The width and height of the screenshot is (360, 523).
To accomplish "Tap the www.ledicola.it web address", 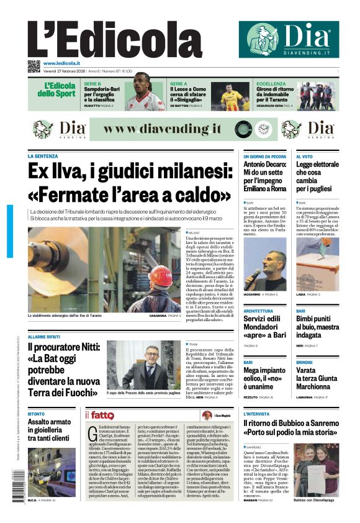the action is [61, 63].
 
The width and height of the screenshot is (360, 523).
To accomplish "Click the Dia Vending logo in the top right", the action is [284, 39].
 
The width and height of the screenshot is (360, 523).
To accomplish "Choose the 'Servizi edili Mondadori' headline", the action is [264, 325].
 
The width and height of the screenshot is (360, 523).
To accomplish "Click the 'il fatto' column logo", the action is [99, 415].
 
